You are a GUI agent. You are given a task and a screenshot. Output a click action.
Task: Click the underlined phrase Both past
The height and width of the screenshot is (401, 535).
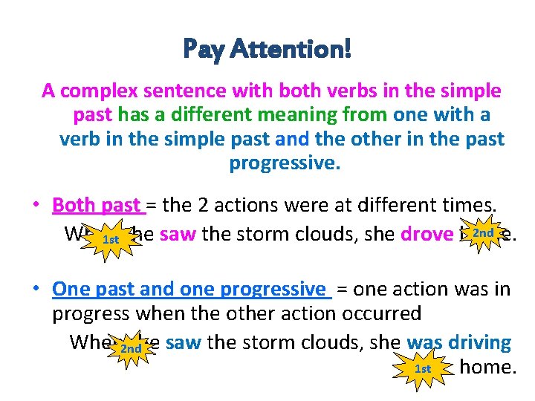point(97,205)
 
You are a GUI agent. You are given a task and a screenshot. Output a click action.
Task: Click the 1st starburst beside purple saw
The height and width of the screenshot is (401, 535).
point(111,239)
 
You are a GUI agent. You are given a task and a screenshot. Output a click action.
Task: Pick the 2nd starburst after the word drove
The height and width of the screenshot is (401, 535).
point(483,233)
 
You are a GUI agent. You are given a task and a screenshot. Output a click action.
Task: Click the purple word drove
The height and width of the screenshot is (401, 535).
point(426,235)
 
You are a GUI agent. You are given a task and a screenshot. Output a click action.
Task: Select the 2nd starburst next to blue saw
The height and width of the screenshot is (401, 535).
point(131,348)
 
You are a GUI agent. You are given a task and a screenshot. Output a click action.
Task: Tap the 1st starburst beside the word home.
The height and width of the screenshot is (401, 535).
point(423,368)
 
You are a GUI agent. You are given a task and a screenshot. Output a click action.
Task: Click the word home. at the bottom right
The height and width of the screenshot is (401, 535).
point(487,366)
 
